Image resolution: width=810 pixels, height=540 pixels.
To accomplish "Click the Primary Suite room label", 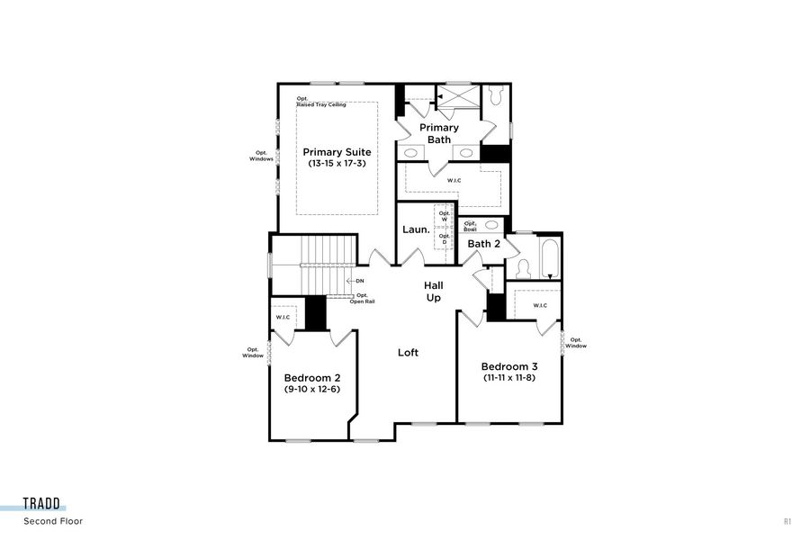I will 337,152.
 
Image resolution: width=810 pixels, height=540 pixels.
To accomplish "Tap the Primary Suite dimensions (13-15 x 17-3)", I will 337,164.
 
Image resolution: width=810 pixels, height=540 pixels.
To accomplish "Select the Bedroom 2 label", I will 311,378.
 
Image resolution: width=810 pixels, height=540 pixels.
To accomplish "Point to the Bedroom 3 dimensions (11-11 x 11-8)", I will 508,378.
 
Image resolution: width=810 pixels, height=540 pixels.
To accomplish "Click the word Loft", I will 408,353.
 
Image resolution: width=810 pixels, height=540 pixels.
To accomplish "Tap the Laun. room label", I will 416,229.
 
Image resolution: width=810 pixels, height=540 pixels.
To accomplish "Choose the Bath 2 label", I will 483,244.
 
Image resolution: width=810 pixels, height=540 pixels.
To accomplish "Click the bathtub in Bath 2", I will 549,257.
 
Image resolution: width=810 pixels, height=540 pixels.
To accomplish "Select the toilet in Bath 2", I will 524,268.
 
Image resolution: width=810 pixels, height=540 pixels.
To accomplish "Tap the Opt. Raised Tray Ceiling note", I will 320,102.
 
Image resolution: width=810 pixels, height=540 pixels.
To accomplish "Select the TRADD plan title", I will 42,505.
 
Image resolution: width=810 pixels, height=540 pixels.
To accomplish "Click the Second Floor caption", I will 53,520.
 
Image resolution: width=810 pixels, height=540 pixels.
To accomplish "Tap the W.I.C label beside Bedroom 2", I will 283,317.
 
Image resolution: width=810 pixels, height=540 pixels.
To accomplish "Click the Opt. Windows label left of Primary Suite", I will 261,156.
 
